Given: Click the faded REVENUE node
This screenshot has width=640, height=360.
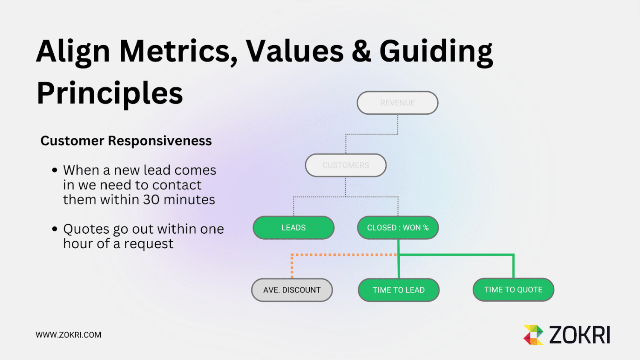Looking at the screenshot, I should tap(397, 103).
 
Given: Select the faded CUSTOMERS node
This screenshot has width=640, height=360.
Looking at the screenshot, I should tap(346, 165).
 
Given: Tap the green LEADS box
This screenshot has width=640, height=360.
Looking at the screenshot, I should tap(294, 228).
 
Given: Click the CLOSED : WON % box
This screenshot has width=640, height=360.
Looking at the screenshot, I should tap(398, 228).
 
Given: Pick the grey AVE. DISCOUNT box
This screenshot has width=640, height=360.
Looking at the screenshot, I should tap(292, 290).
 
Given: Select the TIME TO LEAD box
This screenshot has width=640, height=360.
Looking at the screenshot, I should tap(399, 290).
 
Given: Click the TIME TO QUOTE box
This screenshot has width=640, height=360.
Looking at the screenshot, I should tap(513, 290).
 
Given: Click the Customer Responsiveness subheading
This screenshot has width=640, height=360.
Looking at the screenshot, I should tap(126, 141).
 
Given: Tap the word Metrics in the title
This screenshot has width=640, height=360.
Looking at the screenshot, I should tap(178, 51).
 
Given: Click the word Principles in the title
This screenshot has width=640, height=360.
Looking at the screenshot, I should tap(110, 93).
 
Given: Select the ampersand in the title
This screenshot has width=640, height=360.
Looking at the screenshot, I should tap(361, 51).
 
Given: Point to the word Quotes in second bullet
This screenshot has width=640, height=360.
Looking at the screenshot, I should tap(86, 229).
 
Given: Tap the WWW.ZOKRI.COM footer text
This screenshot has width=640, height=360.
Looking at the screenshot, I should tap(68, 335).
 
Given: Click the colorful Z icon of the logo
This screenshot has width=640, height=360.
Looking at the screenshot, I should tap(533, 335).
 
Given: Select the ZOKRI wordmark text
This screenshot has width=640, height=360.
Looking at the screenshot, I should tap(579, 335).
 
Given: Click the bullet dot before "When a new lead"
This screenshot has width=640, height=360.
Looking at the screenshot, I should tap(55, 170).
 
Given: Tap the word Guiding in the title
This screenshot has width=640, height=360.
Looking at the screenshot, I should tap(436, 51).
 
